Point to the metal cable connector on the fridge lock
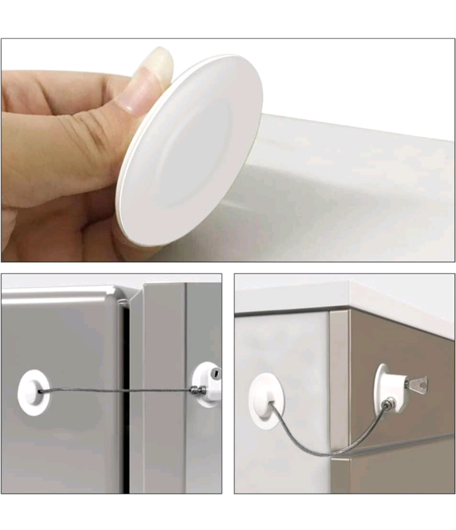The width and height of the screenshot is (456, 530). [x=198, y=391]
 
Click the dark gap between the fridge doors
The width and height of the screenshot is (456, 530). [x=124, y=397]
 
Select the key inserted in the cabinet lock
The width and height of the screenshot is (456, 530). [x=416, y=382]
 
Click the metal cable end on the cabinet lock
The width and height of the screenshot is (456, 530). [x=388, y=403]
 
